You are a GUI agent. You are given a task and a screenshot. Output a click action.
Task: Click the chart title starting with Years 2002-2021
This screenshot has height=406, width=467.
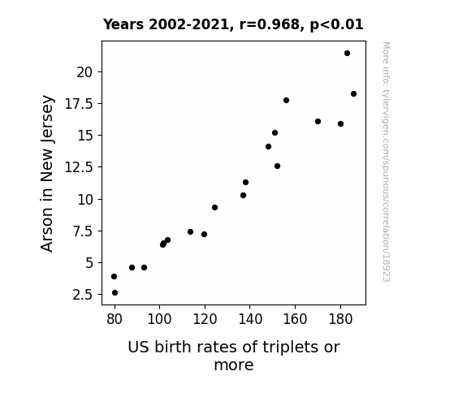click(233, 24)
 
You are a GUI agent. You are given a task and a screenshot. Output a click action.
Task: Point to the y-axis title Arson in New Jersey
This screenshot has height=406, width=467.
click(47, 173)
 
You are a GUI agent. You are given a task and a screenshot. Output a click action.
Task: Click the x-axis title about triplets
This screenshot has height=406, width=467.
click(234, 356)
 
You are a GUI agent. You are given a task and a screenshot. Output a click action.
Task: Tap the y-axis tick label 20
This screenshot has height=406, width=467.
click(84, 72)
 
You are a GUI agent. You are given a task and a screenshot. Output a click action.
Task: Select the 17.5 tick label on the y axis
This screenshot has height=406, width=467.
click(79, 104)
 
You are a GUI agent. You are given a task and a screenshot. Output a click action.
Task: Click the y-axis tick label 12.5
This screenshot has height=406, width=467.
click(79, 167)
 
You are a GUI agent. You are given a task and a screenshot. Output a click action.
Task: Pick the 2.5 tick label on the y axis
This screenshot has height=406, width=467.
click(83, 295)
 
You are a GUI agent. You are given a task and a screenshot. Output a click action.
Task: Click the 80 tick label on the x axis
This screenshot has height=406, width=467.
click(115, 319)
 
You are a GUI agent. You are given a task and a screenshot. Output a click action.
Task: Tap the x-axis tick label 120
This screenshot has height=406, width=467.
click(205, 319)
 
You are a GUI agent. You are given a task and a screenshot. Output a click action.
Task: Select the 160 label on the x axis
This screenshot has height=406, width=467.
click(295, 319)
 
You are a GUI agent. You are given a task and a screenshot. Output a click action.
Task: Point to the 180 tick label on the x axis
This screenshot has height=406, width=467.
click(340, 319)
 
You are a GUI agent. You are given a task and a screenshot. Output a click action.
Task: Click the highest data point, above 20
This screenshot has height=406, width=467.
click(347, 54)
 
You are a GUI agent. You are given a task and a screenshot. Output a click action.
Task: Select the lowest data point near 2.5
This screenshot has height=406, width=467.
click(115, 293)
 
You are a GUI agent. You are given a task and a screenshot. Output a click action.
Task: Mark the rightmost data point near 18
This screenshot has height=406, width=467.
click(353, 94)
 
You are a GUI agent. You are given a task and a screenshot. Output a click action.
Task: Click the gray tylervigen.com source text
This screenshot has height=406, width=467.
click(386, 162)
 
